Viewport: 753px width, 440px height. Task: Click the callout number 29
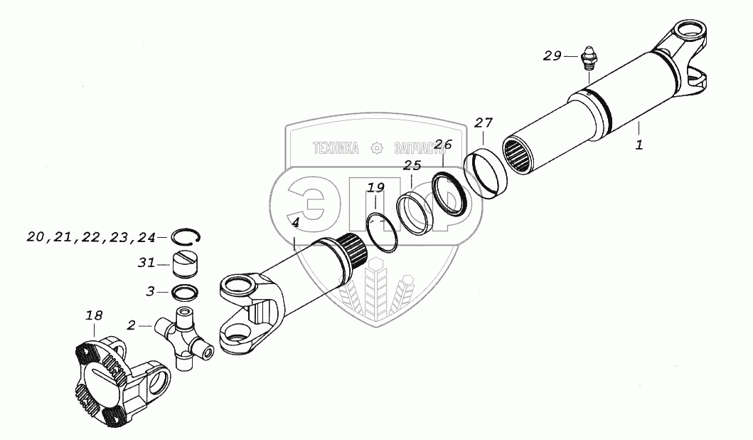[x=552, y=56]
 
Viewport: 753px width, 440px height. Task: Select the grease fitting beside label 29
[x=588, y=58]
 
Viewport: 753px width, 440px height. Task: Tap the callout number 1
[x=639, y=145]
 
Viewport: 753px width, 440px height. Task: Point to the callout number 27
[x=484, y=122]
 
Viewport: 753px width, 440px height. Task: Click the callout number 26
[x=442, y=144]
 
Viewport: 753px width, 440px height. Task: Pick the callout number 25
[x=412, y=167]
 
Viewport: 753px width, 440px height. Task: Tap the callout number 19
[x=375, y=188]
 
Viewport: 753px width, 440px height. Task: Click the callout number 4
[x=295, y=222]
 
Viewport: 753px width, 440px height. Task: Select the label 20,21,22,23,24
[x=91, y=236]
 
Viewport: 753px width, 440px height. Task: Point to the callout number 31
[x=146, y=263]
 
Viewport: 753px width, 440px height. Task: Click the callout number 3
[x=150, y=290]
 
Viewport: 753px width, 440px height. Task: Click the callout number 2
[x=131, y=325]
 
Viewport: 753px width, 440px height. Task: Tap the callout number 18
[x=94, y=315]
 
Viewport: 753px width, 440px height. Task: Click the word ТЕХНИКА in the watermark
[x=336, y=148]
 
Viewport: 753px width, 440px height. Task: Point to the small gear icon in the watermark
[x=378, y=148]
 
